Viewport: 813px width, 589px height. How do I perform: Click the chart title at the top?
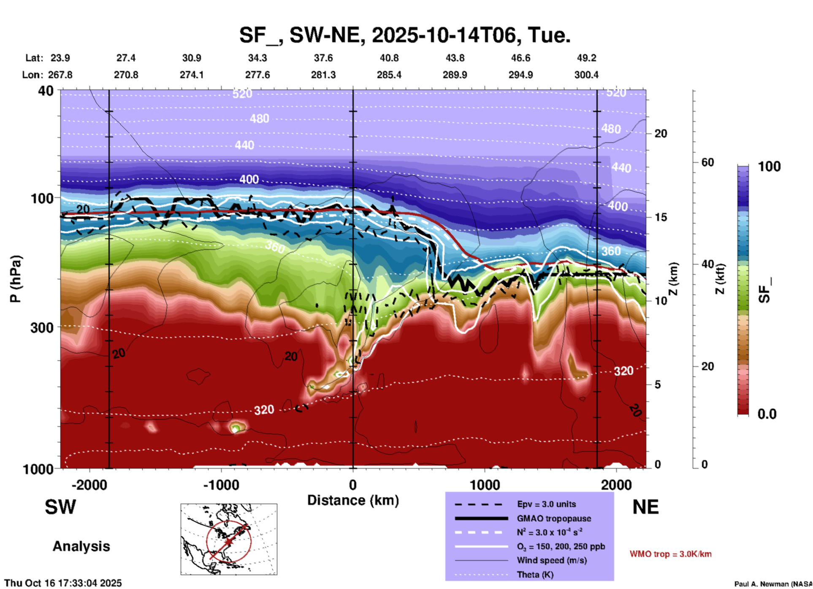404,35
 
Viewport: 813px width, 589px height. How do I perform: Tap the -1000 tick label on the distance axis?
221,485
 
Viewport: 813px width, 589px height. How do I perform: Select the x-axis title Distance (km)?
353,500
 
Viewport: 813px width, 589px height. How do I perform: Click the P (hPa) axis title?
16,279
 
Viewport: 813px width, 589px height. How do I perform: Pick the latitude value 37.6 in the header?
323,58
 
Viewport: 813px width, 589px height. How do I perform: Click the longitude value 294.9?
520,75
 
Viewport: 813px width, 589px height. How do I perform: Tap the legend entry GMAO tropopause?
554,518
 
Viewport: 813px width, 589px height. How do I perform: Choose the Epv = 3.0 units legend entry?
546,504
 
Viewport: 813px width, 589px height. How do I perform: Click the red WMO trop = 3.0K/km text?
670,554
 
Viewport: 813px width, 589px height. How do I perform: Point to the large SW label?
60,507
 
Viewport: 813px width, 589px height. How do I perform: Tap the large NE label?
645,507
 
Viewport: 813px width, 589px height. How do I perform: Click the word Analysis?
81,546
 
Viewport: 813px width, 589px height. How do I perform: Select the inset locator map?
229,539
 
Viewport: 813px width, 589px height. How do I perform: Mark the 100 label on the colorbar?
769,166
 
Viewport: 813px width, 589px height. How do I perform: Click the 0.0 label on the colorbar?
767,414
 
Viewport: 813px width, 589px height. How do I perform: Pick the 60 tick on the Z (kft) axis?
707,162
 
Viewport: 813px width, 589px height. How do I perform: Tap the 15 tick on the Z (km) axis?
661,217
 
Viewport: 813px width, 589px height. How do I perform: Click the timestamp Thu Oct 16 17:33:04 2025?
63,583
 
